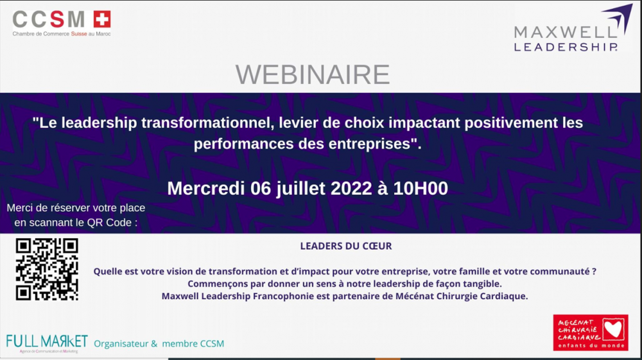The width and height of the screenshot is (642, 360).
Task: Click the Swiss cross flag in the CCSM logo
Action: (102, 19)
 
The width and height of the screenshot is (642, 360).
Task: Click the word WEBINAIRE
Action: (313, 74)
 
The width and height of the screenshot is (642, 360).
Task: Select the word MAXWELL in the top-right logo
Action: (565, 32)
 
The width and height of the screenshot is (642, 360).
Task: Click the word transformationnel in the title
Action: (207, 123)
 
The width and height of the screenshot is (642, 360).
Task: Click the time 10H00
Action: (421, 189)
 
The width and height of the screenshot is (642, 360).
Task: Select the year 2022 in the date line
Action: (351, 189)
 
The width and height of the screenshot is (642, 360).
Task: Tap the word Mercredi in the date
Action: (206, 189)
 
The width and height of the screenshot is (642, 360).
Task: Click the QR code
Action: (47, 269)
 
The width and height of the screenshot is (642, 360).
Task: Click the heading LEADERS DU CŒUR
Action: (346, 246)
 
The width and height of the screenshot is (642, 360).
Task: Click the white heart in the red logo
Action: (614, 329)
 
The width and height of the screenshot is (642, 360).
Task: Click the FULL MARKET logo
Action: (47, 343)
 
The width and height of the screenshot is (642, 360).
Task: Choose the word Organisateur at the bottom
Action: (121, 344)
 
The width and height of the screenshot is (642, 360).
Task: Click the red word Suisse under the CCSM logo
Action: (79, 34)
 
